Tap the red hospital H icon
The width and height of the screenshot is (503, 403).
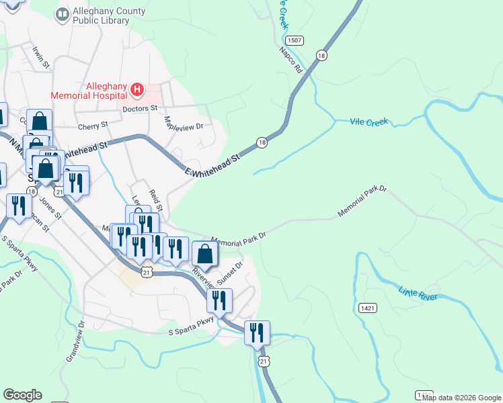tap(137, 89)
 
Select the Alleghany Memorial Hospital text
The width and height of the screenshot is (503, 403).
tap(106, 89)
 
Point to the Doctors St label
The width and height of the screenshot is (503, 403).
tap(139, 107)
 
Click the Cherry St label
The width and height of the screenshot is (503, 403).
tap(92, 126)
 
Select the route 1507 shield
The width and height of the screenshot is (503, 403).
tap(298, 40)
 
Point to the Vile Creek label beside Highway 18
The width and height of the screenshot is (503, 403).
tap(369, 122)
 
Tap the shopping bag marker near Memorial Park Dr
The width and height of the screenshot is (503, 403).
tap(204, 255)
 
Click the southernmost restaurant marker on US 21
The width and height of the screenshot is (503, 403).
tap(257, 332)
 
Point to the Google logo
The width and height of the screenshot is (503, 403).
tap(22, 395)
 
